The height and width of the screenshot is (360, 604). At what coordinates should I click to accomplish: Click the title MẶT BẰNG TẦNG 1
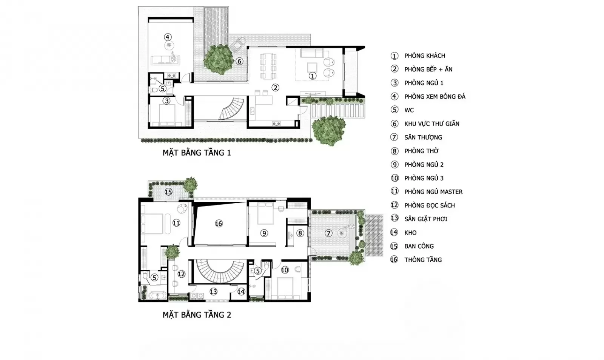197,153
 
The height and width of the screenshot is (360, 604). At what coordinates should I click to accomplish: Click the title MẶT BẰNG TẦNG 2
197,315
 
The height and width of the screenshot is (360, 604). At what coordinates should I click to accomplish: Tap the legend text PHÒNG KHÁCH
425,56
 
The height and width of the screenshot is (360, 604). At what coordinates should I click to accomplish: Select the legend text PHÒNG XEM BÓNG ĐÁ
435,97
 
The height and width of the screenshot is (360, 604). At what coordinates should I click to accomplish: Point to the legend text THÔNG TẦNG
423,260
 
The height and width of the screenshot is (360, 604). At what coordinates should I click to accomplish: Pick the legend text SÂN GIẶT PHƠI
426,219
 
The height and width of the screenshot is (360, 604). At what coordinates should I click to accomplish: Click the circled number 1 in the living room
312,76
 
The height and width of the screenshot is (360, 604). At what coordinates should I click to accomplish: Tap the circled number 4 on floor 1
168,37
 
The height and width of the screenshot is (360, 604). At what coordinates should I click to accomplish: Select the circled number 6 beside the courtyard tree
239,61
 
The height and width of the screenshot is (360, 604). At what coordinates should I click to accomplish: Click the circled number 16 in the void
219,224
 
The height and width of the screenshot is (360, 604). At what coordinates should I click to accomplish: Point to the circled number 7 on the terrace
328,233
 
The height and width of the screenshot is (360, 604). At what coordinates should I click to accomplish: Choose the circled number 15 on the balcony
168,192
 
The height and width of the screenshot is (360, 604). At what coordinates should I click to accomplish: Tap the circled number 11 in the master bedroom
176,223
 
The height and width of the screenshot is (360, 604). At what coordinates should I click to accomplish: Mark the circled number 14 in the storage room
241,292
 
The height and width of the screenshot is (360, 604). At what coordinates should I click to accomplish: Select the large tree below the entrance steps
328,131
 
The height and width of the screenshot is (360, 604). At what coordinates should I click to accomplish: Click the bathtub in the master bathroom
158,295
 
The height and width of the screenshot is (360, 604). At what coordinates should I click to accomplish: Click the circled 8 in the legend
394,151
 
